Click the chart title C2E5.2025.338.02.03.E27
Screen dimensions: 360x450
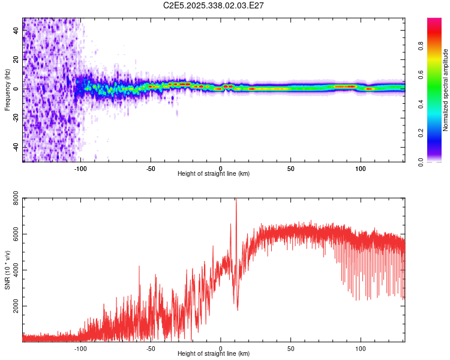(214, 5)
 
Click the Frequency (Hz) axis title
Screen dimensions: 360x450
(7, 90)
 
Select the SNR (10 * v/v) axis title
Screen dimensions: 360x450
(7, 270)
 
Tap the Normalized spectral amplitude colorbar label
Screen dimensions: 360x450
(445, 90)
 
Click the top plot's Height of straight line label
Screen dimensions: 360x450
(214, 173)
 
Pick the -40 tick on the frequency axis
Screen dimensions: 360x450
(16, 148)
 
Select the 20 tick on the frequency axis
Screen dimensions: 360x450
(16, 60)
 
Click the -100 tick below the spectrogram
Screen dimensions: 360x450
(80, 169)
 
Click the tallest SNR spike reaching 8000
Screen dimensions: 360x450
(236, 200)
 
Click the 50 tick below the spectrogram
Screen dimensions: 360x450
(290, 169)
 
